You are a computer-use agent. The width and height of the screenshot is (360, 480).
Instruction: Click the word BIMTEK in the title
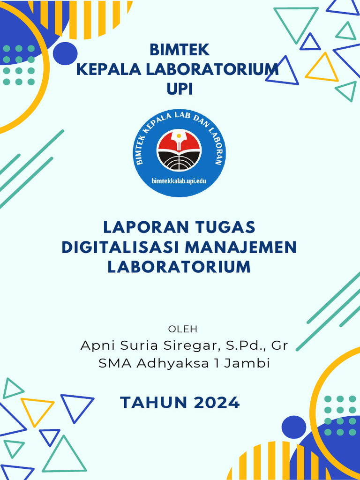point(180,50)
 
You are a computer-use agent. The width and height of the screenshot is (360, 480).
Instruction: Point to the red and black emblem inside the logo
point(179,150)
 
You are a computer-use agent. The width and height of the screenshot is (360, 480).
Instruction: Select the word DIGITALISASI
point(120,247)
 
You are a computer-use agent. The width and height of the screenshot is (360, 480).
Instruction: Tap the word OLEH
point(183,329)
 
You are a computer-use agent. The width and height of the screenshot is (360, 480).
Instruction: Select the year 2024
point(216,403)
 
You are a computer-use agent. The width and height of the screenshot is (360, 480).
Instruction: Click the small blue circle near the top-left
point(65,53)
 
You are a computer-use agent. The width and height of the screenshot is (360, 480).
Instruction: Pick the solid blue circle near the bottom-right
point(294,427)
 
